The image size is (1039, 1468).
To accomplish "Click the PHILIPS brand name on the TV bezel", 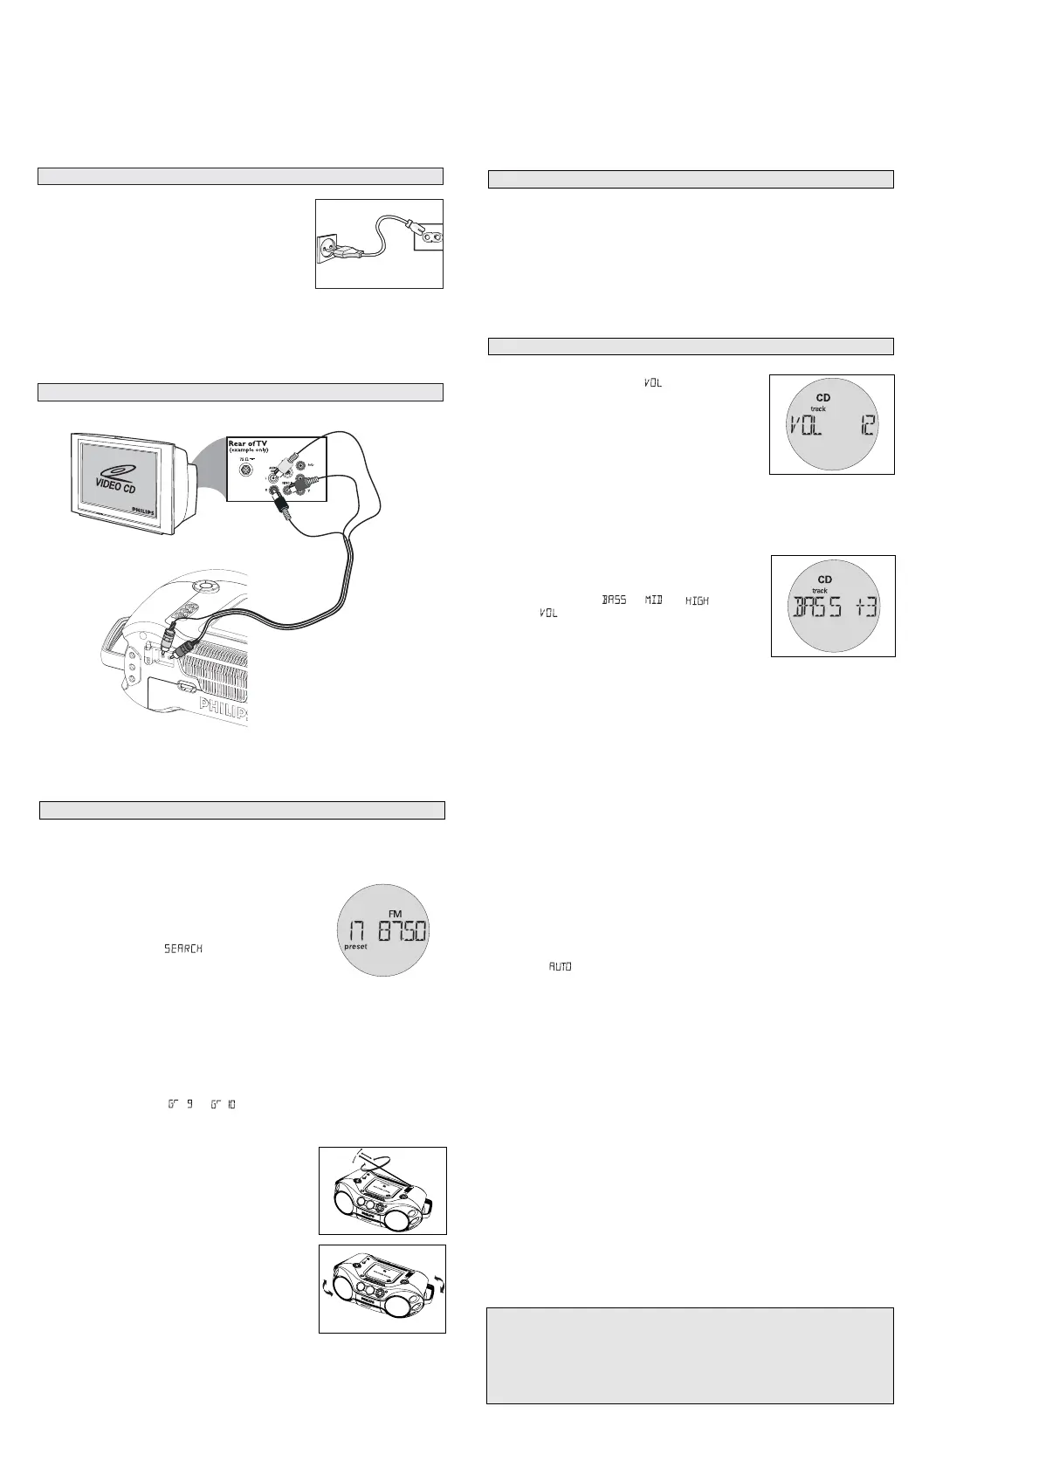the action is pos(145,508).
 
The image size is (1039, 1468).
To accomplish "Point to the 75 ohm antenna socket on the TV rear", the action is pos(246,470).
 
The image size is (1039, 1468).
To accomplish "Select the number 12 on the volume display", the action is pos(866,426).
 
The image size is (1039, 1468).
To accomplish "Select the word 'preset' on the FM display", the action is pos(355,946).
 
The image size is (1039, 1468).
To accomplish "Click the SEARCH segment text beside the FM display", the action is pos(183,949).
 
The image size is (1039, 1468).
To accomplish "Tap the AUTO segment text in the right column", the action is pos(560,967).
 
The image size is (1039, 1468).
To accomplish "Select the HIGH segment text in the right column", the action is pos(697,600).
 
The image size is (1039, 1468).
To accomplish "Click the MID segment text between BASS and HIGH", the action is pos(654,600).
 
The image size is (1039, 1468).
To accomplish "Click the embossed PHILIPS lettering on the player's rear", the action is pos(224,710).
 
